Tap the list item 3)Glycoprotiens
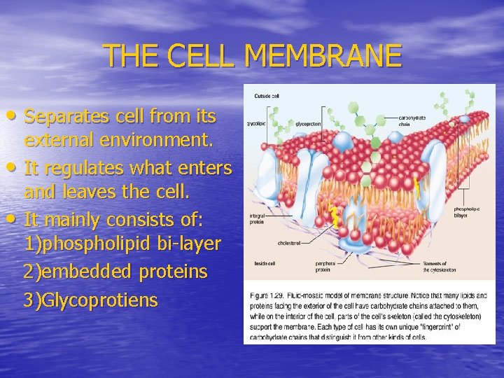click(90, 300)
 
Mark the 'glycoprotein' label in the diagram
click(308, 123)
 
